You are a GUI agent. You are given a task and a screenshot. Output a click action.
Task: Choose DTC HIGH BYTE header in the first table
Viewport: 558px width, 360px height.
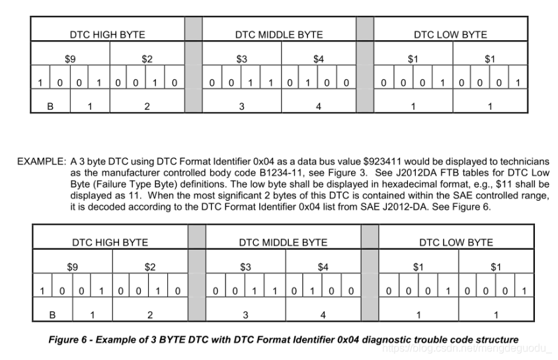click(107, 34)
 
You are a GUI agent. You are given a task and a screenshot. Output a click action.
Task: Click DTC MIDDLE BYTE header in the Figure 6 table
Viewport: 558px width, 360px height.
click(283, 242)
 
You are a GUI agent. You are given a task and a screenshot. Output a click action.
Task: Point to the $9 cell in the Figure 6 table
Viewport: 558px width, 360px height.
click(73, 267)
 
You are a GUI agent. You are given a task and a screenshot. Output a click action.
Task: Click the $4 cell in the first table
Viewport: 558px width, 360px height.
click(319, 59)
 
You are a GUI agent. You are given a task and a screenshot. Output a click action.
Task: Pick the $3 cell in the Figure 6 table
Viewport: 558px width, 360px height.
click(245, 267)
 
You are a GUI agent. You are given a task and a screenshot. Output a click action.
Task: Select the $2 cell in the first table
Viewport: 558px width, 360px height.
click(147, 59)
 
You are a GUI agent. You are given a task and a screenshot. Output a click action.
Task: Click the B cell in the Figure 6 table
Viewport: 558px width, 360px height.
click(52, 315)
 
